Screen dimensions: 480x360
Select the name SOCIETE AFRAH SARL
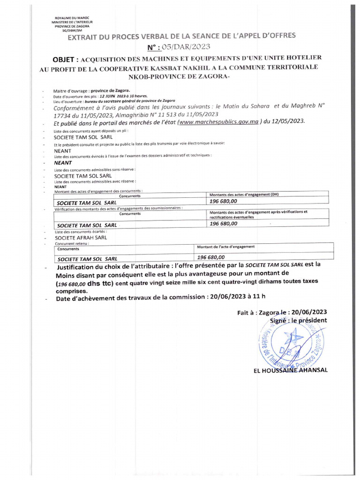pos(81,237)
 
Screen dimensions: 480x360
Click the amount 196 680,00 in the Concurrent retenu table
pos(211,257)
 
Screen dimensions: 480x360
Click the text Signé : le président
pos(298,320)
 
